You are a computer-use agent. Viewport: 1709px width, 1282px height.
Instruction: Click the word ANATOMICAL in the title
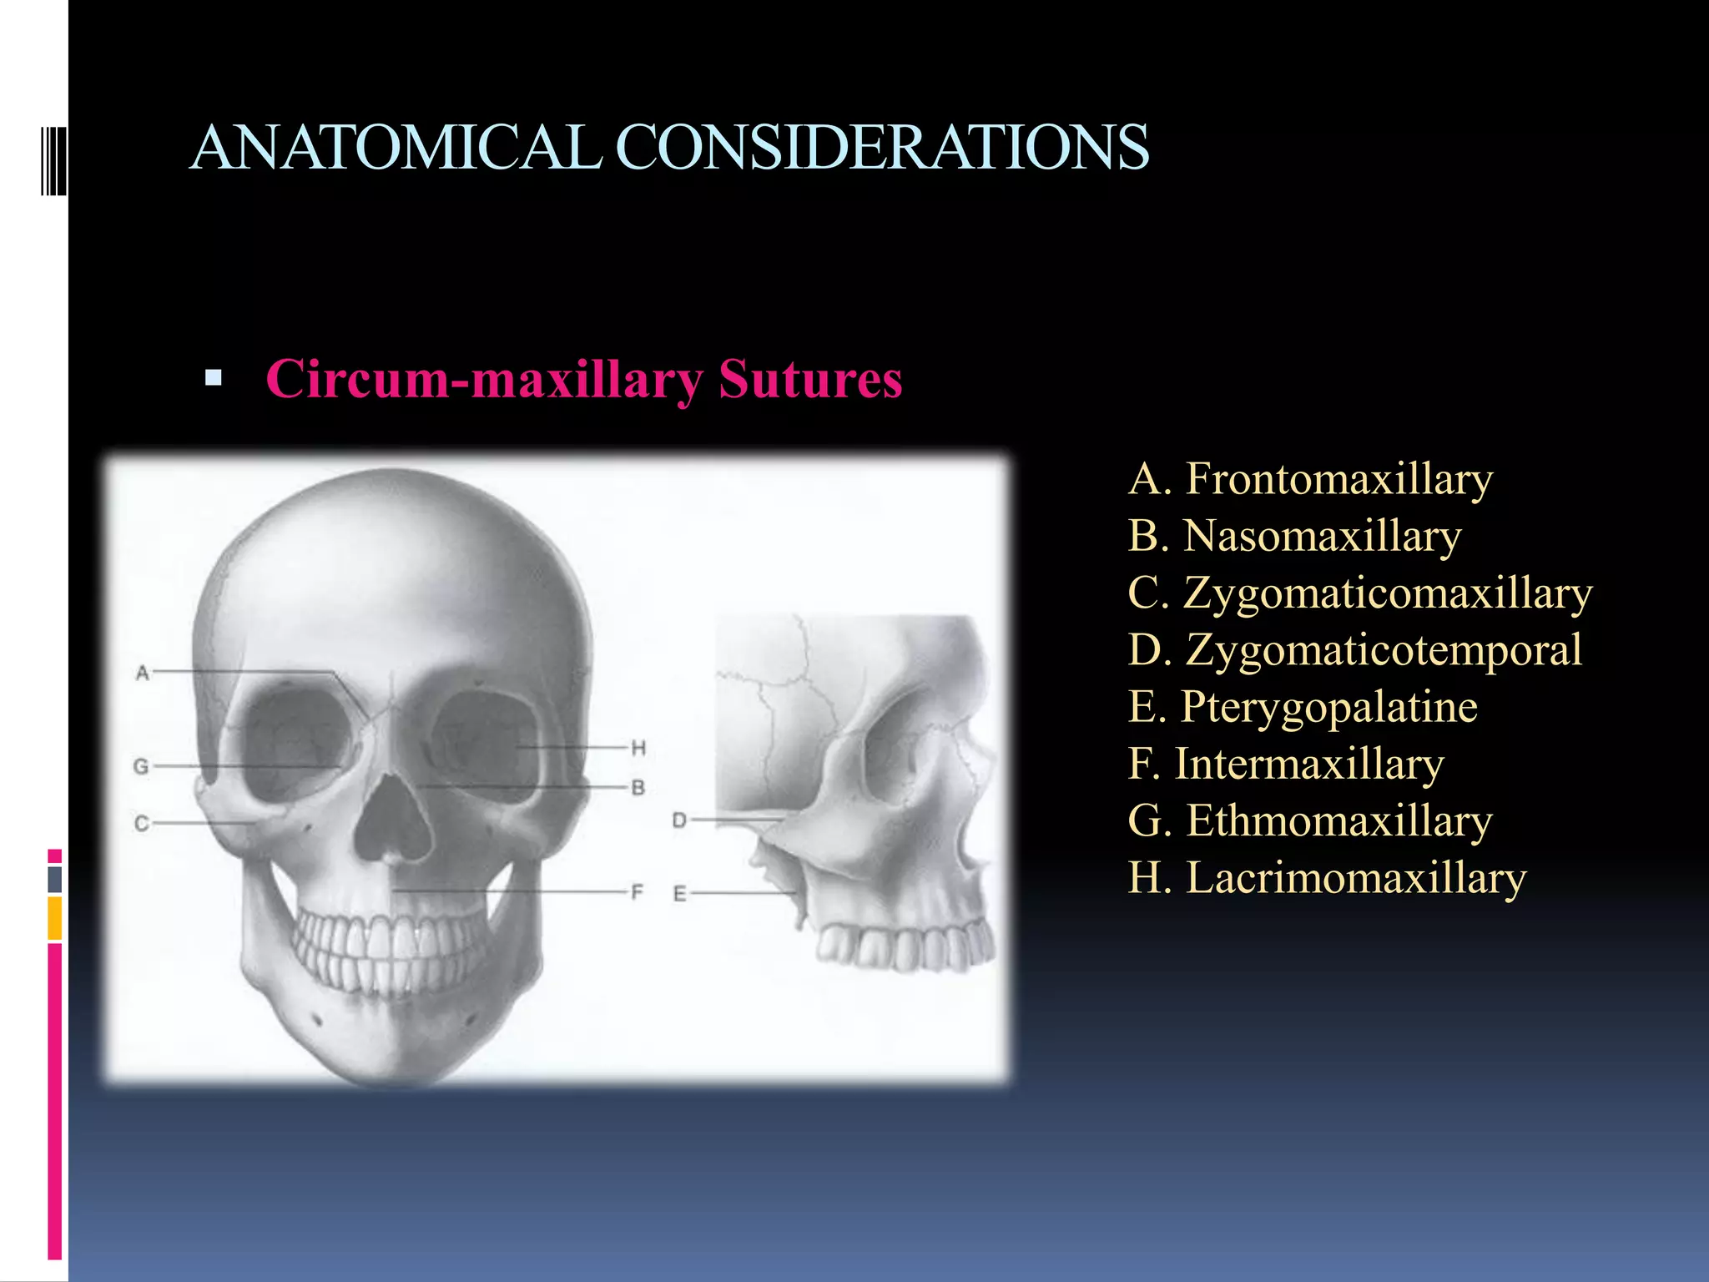coord(396,148)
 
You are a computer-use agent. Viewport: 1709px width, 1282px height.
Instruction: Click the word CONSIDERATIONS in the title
coord(882,148)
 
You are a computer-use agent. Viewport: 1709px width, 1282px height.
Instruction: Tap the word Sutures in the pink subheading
coord(810,380)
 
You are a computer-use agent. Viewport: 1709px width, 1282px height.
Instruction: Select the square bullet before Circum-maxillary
coord(214,378)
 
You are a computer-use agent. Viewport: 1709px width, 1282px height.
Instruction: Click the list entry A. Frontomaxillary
coord(1310,480)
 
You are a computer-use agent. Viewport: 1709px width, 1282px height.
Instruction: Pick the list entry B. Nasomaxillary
coord(1294,537)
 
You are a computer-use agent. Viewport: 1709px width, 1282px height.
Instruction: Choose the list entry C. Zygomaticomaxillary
coord(1360,593)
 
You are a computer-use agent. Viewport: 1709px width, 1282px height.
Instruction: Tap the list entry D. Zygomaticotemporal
coord(1354,650)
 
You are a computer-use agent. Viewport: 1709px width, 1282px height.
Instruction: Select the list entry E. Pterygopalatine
coord(1303,707)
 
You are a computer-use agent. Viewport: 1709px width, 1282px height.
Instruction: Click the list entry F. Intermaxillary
coord(1286,764)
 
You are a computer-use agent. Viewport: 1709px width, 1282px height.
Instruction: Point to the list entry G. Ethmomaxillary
coord(1310,820)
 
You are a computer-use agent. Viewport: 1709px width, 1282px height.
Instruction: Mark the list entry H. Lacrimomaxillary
coord(1327,878)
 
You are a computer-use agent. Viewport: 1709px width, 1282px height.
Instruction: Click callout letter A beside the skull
coord(143,673)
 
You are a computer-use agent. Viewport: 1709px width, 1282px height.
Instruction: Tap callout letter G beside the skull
coord(141,766)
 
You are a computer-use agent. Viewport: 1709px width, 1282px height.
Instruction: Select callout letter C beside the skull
coord(141,824)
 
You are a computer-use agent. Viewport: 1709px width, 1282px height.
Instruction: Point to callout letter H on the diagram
coord(638,748)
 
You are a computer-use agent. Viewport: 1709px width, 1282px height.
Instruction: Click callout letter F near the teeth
coord(637,892)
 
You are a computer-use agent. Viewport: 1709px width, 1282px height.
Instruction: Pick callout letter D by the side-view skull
coord(679,820)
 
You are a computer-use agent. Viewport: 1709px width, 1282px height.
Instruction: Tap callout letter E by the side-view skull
coord(679,894)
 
